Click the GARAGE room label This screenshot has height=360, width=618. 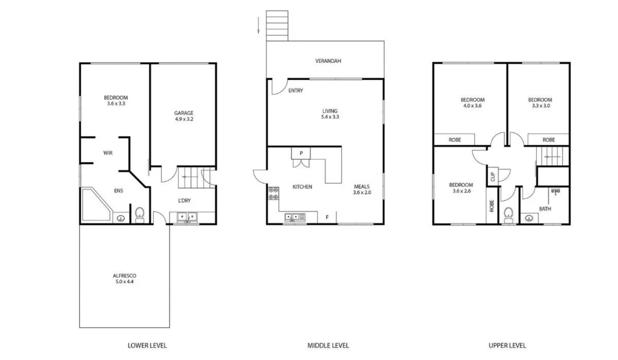click(x=183, y=116)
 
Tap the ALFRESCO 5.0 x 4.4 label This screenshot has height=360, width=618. click(x=124, y=279)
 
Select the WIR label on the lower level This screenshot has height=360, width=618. click(x=108, y=153)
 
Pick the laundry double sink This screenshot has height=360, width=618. click(x=185, y=217)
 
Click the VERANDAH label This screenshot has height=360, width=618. click(x=329, y=61)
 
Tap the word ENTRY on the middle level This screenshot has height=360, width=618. click(x=296, y=91)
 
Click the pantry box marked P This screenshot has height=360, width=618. click(x=300, y=152)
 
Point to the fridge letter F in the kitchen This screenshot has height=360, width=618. click(x=327, y=217)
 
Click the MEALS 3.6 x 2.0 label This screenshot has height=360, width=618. click(x=362, y=190)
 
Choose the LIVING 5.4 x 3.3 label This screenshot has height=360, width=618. click(x=330, y=114)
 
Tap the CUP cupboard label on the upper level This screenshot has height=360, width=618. click(x=492, y=177)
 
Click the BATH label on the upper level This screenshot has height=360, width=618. click(x=545, y=209)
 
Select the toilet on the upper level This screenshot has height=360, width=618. click(x=509, y=214)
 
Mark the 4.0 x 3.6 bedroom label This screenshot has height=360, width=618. click(x=472, y=102)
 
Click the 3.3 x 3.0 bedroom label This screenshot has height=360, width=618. click(x=540, y=102)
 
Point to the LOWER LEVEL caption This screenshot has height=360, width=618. click(x=147, y=346)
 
